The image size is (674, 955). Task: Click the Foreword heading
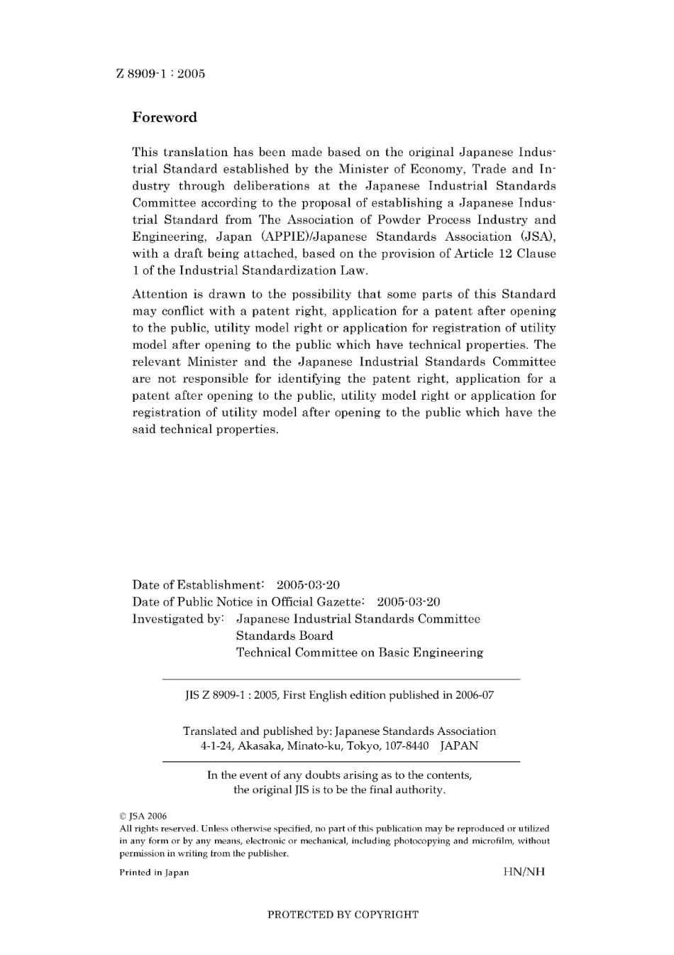165,118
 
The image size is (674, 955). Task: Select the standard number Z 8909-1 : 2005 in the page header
160,74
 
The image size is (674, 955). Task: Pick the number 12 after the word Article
505,254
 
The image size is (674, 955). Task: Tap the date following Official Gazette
409,602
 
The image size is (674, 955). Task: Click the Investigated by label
178,619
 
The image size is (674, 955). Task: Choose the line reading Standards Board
284,636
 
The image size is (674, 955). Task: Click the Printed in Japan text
154,873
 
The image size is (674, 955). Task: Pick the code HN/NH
524,872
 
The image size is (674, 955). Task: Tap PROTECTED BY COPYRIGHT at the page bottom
343,915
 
